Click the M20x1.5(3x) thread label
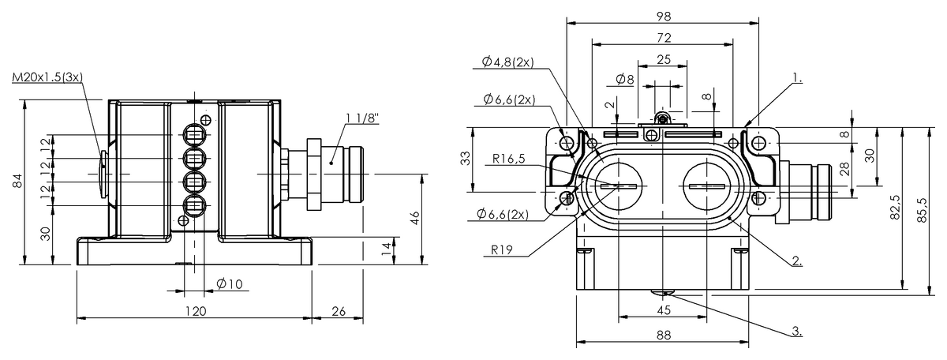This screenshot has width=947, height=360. pos(48,77)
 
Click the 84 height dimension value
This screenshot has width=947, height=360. pos(18,183)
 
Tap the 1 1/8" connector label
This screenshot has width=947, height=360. pos(362,118)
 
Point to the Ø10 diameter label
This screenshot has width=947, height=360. pos(229,284)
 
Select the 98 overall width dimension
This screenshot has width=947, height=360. pos(661,15)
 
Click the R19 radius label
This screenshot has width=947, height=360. pos(503,249)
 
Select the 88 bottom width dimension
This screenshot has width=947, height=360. pos(663,335)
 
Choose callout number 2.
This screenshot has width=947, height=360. pos(797,260)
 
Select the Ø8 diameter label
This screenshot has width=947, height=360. pos(623,79)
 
